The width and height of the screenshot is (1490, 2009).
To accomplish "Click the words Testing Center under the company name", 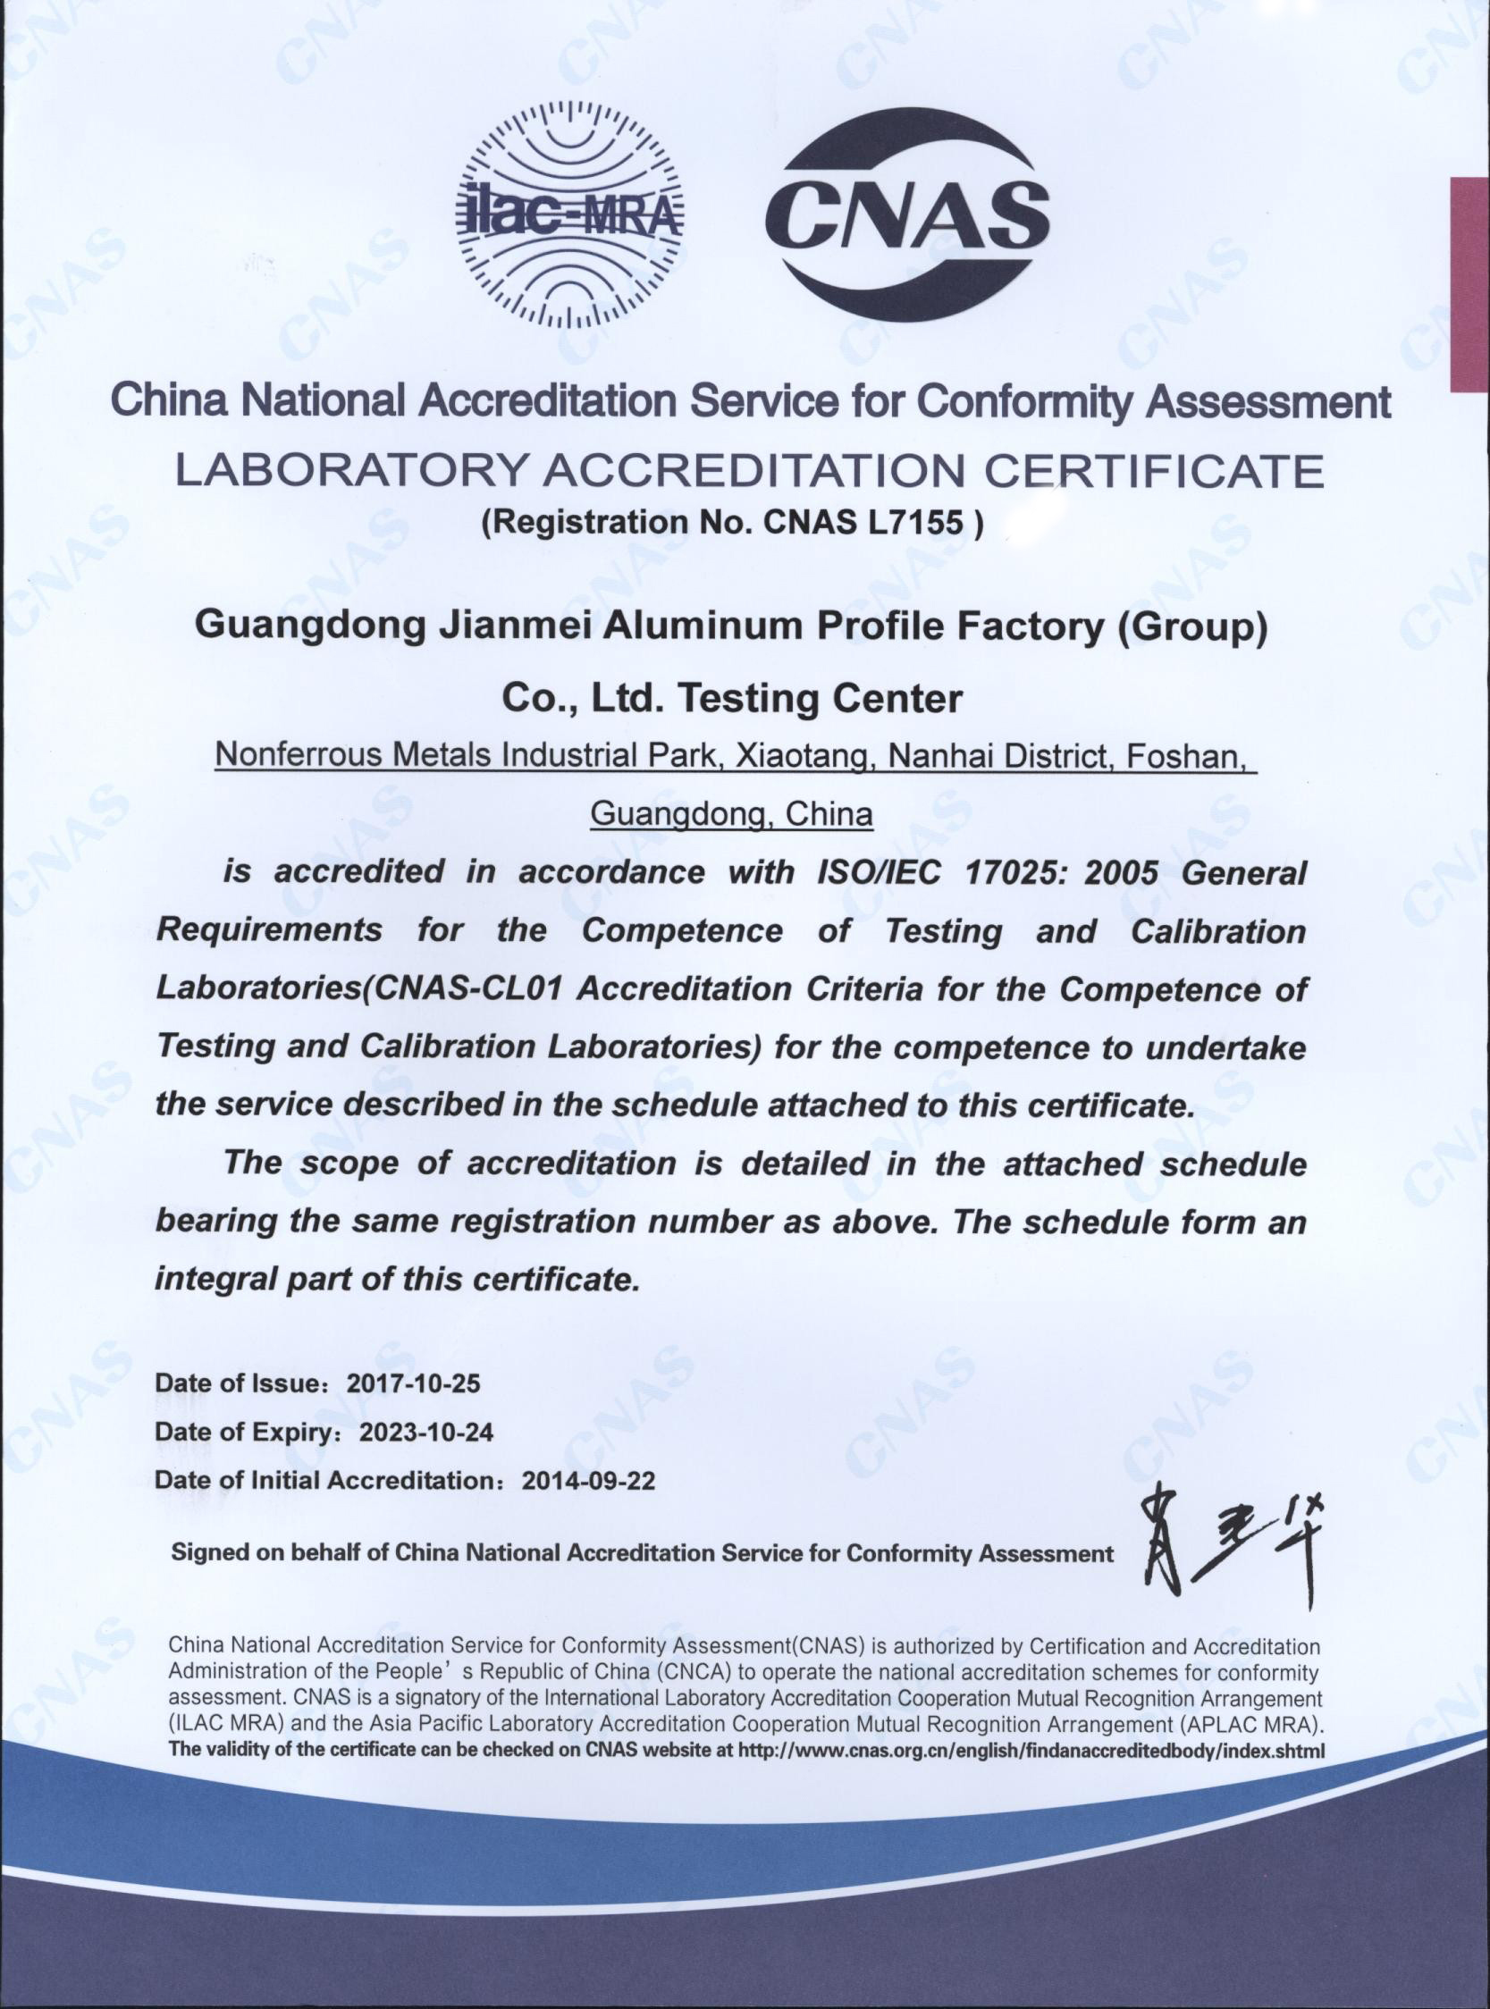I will click(820, 698).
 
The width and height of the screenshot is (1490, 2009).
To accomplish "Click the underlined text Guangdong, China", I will click(730, 814).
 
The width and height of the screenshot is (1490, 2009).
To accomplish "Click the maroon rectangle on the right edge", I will click(1469, 284).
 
